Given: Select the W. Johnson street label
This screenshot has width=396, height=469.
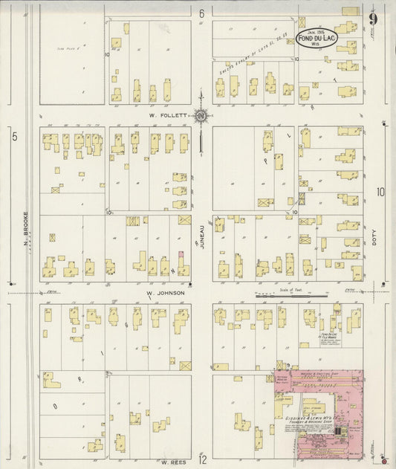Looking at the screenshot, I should (x=165, y=293).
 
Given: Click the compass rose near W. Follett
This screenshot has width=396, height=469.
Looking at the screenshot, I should (x=201, y=116).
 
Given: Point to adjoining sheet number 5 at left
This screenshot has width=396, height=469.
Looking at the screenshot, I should (x=13, y=135).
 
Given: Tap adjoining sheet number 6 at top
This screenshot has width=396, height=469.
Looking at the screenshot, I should (x=201, y=13).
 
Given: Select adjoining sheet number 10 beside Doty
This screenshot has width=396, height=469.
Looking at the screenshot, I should (x=380, y=193).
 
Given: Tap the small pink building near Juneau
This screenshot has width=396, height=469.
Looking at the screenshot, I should (x=180, y=255).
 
